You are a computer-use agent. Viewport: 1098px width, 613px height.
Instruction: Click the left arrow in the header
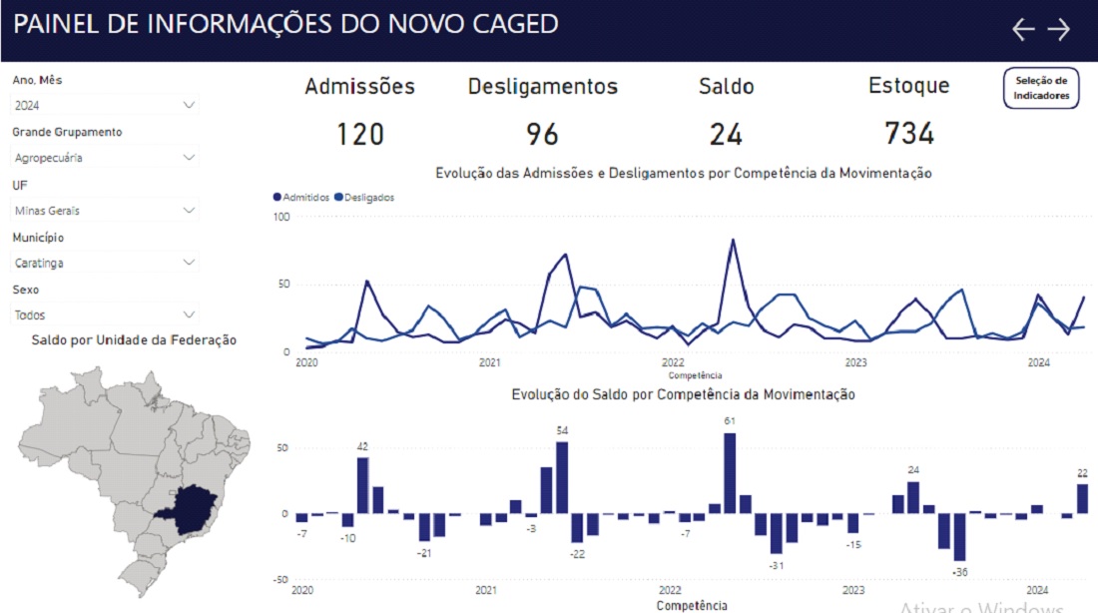1023,29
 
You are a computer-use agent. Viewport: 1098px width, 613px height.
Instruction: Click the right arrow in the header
1059,29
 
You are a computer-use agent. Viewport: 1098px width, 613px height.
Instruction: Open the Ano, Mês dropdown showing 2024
105,105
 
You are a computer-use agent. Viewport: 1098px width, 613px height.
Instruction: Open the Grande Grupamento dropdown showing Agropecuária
105,158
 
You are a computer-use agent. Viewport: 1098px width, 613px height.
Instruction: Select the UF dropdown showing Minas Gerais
105,211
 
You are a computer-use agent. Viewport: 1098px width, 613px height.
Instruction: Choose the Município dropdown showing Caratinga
105,263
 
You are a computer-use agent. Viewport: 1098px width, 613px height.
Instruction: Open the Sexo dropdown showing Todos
105,315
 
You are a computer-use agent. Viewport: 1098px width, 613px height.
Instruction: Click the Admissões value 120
359,133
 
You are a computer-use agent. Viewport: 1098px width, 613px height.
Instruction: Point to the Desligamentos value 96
542,133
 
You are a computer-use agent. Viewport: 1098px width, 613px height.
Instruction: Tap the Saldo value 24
726,133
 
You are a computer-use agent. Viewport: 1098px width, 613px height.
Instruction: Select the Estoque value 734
908,133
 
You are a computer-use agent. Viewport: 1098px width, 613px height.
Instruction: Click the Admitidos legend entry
301,198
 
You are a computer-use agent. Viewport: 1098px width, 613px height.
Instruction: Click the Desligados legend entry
365,198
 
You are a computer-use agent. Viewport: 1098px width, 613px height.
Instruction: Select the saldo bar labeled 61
730,473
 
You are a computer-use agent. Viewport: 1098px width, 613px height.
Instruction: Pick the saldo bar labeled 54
562,477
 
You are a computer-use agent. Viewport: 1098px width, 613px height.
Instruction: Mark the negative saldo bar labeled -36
960,537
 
